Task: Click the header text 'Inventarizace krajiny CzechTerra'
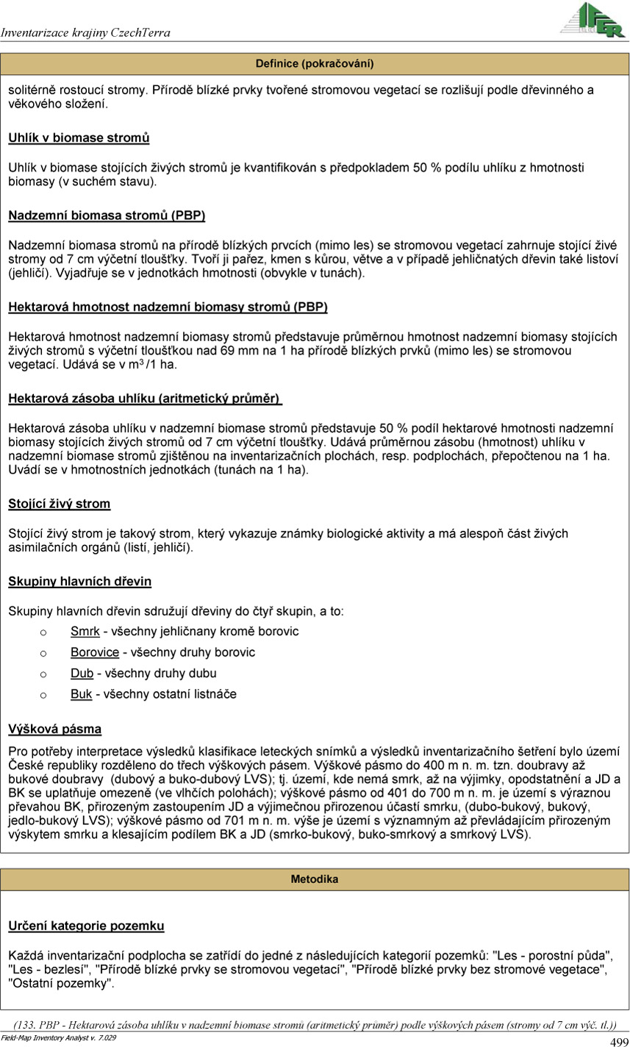coord(86,33)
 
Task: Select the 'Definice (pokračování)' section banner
coord(315,64)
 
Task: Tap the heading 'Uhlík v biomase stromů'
coord(79,137)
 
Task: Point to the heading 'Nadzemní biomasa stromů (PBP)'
coord(107,215)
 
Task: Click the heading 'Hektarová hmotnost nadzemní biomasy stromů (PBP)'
coord(168,307)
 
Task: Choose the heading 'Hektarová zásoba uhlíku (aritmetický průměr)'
coord(145,399)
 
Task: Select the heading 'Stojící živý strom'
coord(60,504)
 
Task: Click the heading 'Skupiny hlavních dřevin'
coord(80,582)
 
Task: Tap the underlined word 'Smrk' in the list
coord(85,632)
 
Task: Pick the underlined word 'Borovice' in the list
coord(95,652)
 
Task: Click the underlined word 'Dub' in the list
coord(82,673)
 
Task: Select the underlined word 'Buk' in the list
coord(81,694)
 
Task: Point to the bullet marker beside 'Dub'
coord(43,673)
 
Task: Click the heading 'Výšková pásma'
coord(55,729)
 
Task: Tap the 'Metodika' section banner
coord(315,879)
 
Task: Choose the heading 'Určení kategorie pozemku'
coord(86,926)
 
